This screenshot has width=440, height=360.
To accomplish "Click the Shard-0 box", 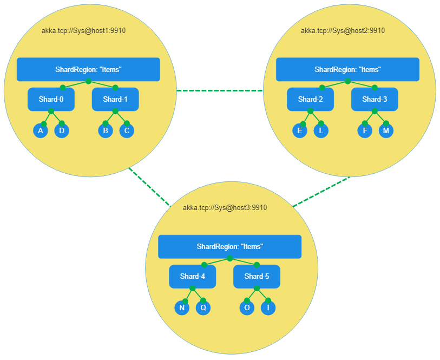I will click(51, 100).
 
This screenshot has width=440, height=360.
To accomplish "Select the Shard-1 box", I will click(115, 100).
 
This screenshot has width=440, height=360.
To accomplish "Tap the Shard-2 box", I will click(310, 100).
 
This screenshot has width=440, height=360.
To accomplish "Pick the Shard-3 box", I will click(375, 100).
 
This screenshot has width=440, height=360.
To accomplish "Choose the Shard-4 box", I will click(192, 277).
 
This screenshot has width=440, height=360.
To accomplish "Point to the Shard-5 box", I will click(257, 277).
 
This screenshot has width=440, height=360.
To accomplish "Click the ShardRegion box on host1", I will click(88, 70).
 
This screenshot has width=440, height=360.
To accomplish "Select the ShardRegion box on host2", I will click(347, 70).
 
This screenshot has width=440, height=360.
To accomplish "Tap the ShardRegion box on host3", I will click(229, 247).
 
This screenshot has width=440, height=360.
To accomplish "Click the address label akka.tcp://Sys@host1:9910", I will click(84, 31).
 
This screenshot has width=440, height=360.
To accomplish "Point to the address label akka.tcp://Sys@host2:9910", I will click(343, 31).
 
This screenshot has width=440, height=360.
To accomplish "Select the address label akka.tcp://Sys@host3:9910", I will click(225, 208).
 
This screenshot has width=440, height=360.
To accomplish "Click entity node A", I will click(40, 131).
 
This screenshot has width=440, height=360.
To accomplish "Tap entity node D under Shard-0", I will click(62, 131).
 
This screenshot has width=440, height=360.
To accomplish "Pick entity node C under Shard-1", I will click(127, 131).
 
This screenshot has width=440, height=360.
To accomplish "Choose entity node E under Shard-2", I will click(299, 131).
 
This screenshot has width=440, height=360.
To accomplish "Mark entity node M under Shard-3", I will click(386, 131).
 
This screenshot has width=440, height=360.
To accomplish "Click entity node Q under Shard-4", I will click(203, 308).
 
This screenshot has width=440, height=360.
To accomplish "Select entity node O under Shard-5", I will click(247, 308).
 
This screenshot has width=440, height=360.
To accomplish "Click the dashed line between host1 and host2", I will click(220, 91).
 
